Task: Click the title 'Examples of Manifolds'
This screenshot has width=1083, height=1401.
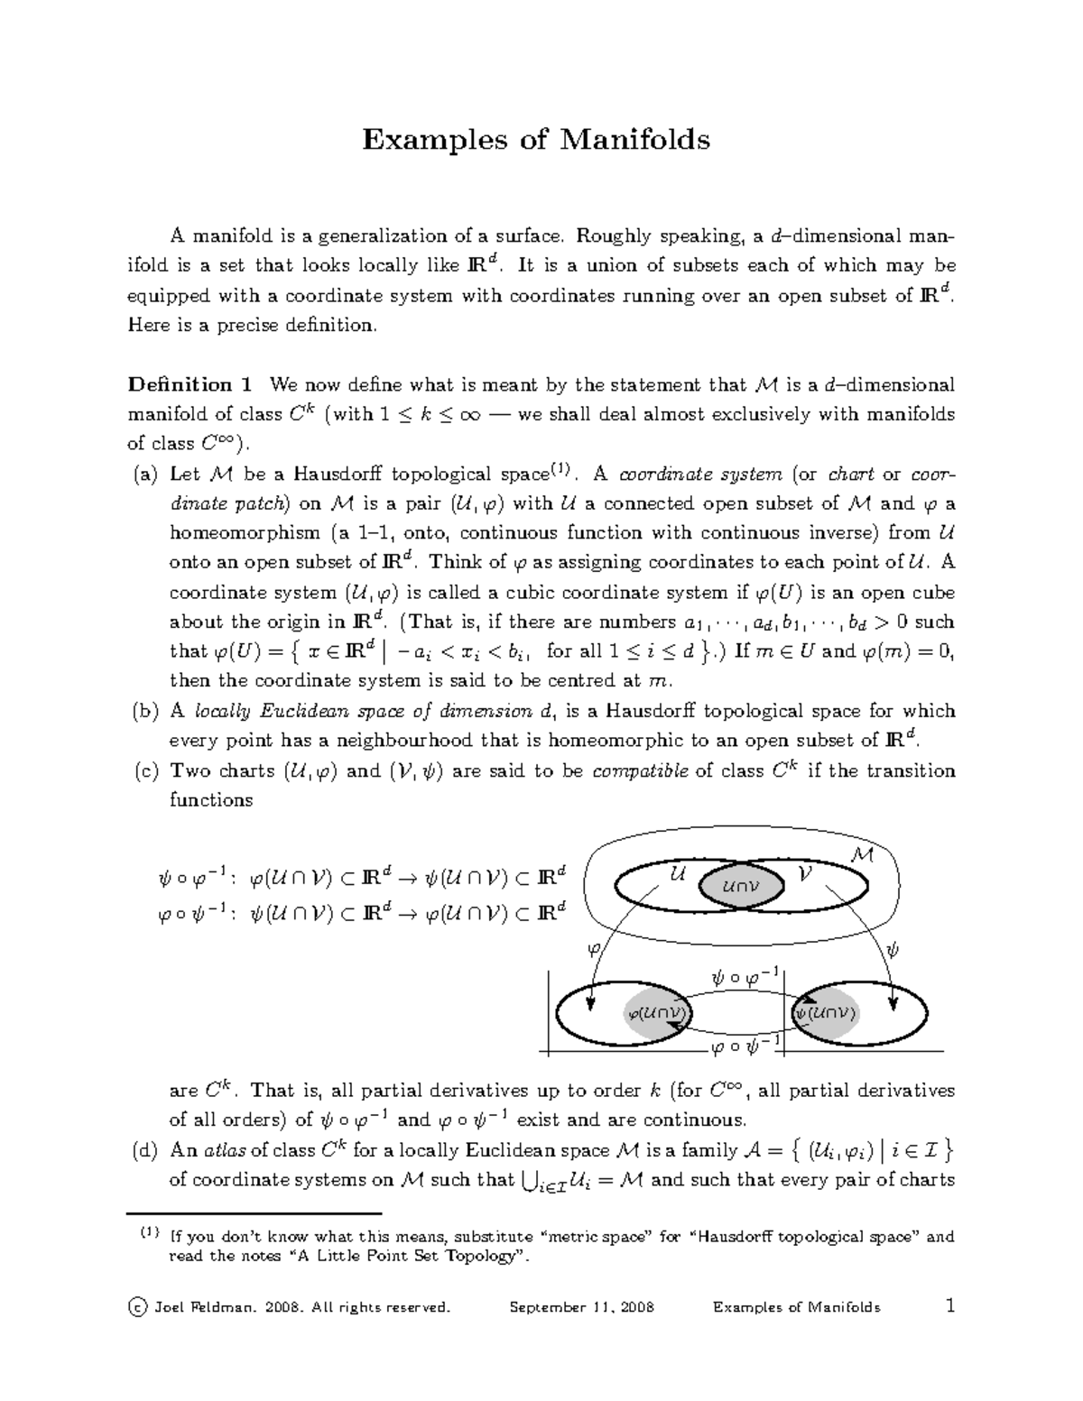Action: tap(536, 140)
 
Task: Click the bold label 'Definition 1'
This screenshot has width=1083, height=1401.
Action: tap(190, 385)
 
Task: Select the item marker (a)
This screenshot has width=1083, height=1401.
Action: tap(143, 475)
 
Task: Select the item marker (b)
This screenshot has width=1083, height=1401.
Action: tap(143, 712)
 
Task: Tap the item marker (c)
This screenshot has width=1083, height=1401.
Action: tap(143, 771)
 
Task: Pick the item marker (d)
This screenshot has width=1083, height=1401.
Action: tap(143, 1150)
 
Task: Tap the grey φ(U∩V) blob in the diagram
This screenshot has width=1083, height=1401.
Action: tap(658, 1012)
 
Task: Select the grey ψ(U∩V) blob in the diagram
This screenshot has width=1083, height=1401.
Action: tap(824, 1013)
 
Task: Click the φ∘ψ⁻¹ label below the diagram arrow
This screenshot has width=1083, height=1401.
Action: tap(745, 1046)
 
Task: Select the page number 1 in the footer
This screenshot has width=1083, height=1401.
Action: tap(948, 1306)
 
